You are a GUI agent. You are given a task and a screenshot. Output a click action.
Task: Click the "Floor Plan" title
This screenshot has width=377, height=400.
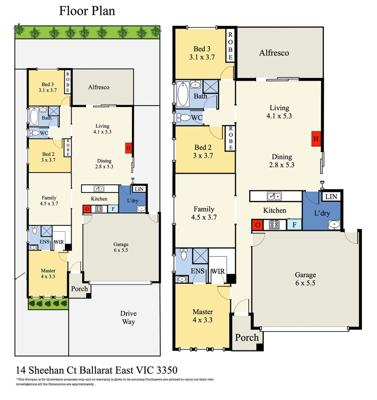(x=87, y=11)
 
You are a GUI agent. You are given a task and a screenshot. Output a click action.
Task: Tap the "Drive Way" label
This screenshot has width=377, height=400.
(x=128, y=318)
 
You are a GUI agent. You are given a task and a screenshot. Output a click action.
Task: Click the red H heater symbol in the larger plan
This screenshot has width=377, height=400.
(x=316, y=139)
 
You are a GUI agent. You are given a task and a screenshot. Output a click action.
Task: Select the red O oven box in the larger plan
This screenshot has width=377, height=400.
(x=257, y=225)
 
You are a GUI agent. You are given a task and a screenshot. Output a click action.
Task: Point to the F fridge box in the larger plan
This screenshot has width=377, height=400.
(x=294, y=225)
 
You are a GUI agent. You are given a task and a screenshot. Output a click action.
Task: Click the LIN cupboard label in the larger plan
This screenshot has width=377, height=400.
(x=331, y=196)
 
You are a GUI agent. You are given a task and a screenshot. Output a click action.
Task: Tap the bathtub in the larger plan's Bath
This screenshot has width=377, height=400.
(x=183, y=94)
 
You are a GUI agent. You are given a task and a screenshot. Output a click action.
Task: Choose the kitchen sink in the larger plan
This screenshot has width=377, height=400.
(x=274, y=196)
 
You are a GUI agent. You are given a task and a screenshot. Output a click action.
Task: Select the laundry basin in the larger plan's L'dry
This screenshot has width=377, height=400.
(x=334, y=225)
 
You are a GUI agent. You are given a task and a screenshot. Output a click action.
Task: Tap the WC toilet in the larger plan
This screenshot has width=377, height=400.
(x=184, y=118)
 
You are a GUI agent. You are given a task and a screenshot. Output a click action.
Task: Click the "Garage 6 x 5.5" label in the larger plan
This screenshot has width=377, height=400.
(x=305, y=279)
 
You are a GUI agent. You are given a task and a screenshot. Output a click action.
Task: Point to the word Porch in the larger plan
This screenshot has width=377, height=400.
(x=247, y=338)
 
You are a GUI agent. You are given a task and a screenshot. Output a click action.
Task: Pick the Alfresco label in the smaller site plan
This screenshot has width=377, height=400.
(x=99, y=87)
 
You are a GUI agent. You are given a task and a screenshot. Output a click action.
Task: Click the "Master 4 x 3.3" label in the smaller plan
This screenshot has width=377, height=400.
(x=48, y=273)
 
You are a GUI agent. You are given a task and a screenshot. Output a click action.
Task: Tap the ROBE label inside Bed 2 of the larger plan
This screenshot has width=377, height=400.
(x=231, y=138)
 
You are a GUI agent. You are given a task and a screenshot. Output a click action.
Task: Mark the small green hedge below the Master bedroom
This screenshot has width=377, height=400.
(x=48, y=303)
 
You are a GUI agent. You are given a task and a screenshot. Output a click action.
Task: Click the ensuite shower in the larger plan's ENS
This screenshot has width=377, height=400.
(x=201, y=256)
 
